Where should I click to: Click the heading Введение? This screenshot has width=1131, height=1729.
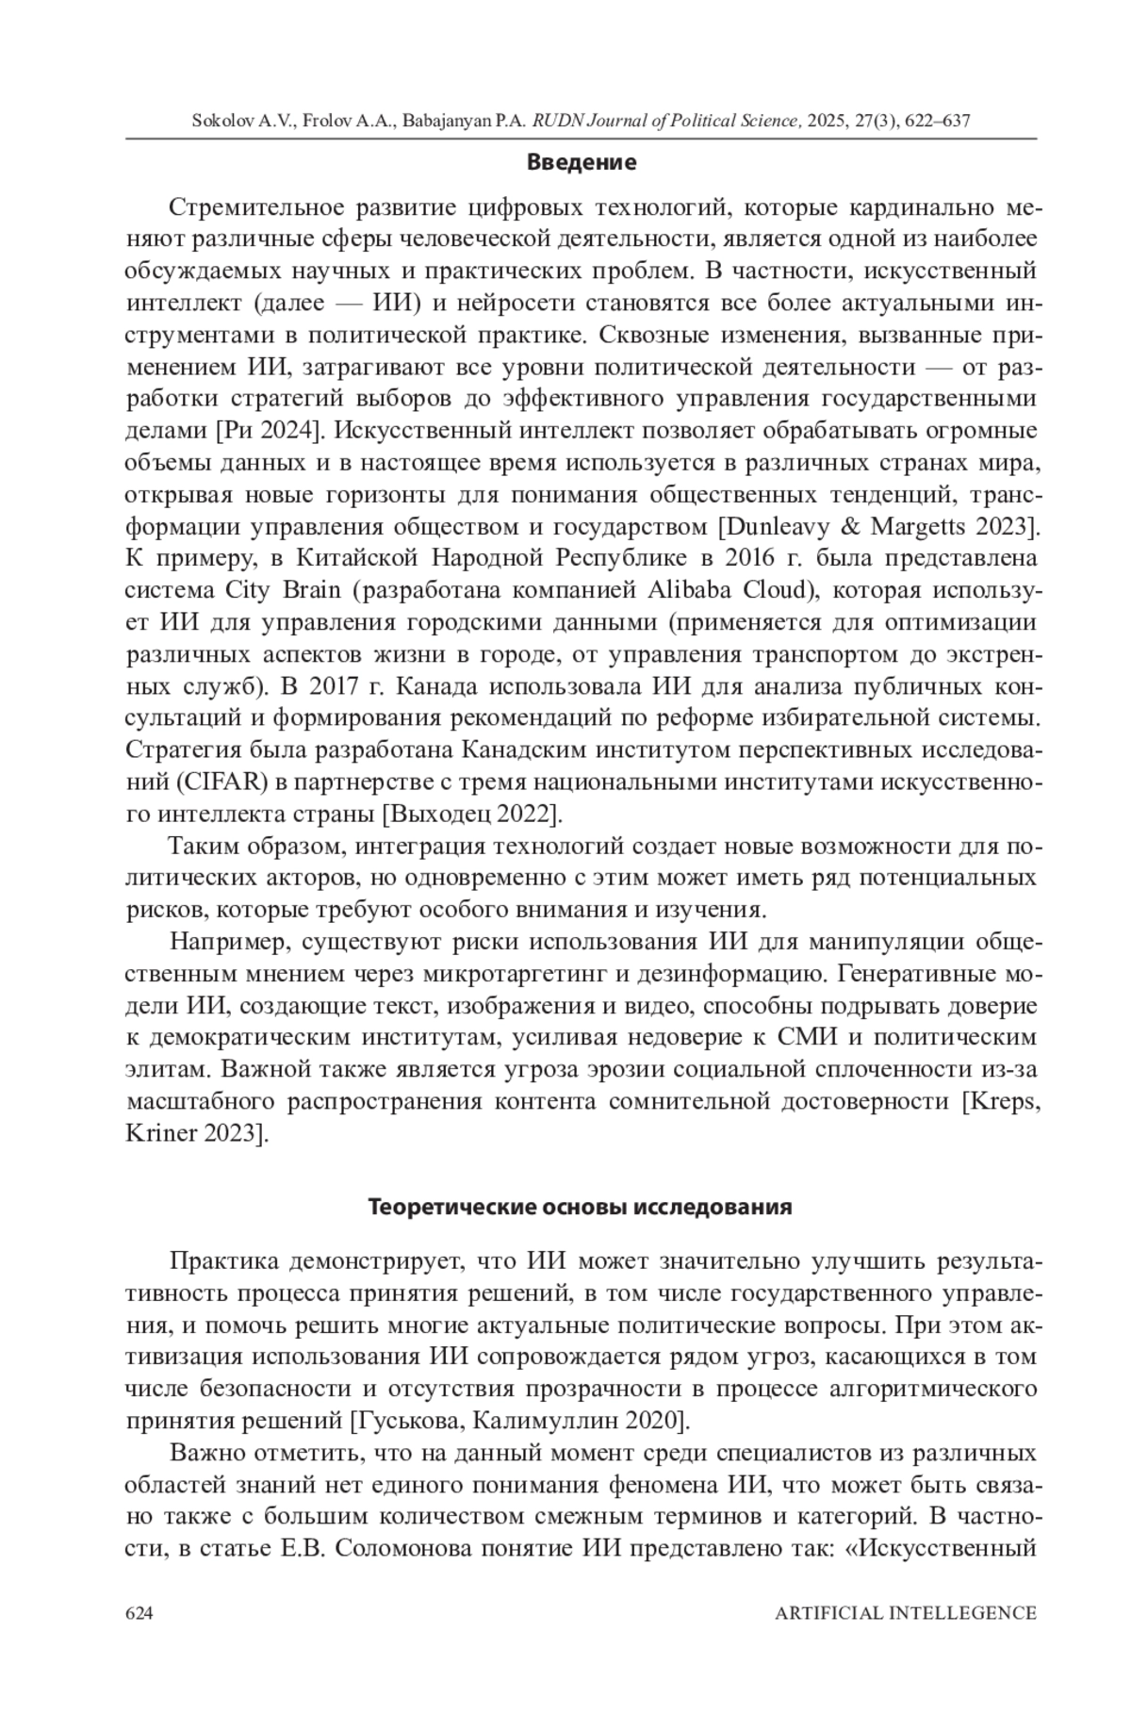point(581,162)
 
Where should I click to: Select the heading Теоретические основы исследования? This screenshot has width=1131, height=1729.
point(580,1207)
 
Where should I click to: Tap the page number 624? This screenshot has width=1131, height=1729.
point(139,1612)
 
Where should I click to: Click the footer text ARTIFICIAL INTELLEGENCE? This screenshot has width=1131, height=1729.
point(905,1612)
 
